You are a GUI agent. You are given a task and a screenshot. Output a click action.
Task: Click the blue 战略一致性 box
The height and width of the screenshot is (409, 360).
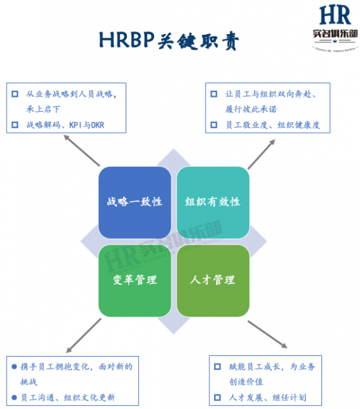pyautogui.click(x=134, y=202)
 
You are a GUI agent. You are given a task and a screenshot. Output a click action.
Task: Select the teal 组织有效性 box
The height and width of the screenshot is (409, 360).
pyautogui.click(x=213, y=202)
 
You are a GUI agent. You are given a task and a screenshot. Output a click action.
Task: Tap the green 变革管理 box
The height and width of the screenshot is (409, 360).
pyautogui.click(x=134, y=280)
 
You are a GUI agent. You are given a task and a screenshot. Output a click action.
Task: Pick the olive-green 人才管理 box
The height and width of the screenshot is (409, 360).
pyautogui.click(x=213, y=280)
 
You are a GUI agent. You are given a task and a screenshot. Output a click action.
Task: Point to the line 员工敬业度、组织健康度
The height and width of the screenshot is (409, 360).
pyautogui.click(x=274, y=124)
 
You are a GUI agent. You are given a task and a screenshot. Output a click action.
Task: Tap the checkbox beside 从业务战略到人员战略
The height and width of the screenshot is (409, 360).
pyautogui.click(x=14, y=94)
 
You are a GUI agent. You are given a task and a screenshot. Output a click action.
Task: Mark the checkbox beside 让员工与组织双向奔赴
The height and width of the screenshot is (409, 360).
pyautogui.click(x=213, y=94)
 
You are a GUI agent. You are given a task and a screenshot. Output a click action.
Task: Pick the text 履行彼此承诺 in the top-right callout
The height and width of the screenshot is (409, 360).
pyautogui.click(x=254, y=109)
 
